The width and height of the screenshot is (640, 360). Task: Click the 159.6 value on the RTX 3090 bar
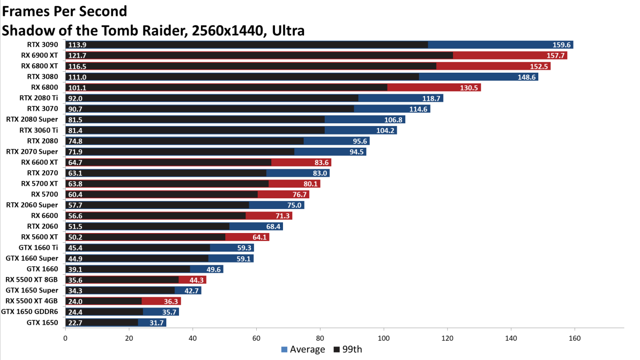561,45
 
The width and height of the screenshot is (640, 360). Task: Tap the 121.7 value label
77,56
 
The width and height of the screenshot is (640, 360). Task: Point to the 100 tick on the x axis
384,338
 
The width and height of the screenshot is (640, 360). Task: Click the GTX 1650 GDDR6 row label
30,312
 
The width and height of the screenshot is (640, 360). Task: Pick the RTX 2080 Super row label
32,120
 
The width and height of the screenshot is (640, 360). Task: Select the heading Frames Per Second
65,11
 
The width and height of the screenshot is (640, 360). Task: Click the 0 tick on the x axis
65,338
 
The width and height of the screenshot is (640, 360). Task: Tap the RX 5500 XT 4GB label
32,301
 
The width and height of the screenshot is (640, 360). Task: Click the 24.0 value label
75,301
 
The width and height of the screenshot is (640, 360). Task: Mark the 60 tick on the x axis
256,338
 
